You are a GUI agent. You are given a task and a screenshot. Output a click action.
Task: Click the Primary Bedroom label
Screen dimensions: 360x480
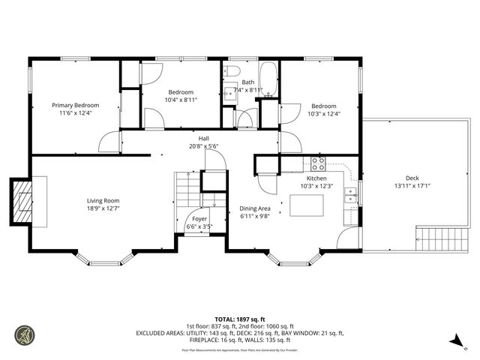(x=75, y=106)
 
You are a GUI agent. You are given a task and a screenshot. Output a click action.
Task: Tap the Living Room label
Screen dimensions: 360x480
(x=103, y=201)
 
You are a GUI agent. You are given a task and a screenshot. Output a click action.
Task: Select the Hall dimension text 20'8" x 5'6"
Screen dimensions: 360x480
(x=203, y=147)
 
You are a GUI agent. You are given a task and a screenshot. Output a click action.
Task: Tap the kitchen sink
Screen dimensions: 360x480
(x=350, y=196)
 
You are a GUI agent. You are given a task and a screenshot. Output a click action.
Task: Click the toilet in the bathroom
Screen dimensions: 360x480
(x=231, y=72)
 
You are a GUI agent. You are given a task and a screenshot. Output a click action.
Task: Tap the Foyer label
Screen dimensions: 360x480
(x=199, y=219)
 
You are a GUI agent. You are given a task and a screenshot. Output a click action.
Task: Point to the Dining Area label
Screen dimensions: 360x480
(x=254, y=208)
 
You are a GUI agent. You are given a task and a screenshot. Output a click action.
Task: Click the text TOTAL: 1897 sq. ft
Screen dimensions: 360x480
(x=240, y=318)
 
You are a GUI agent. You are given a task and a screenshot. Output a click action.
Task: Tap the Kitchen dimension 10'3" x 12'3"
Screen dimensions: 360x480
(x=316, y=186)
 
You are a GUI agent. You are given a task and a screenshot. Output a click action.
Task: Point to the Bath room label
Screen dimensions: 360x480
(x=247, y=82)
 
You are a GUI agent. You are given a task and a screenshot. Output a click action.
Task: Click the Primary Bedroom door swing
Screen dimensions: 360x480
(x=111, y=141)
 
